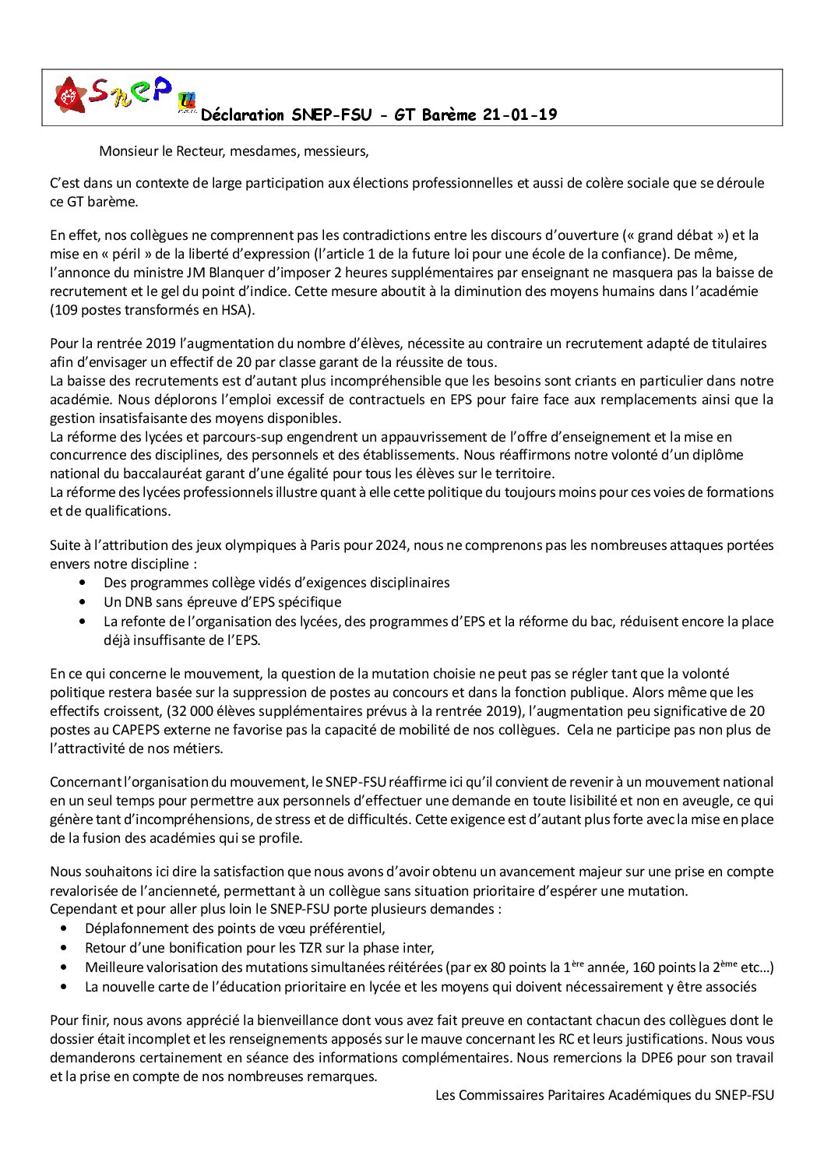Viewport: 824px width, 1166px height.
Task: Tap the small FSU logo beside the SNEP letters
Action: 187,101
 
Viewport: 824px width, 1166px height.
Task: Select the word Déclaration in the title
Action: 242,114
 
